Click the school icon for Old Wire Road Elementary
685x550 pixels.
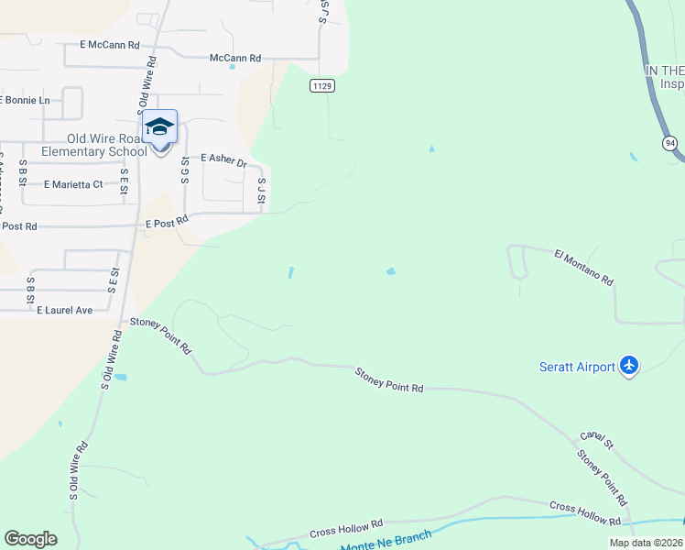tap(159, 127)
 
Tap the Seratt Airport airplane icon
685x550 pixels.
tap(628, 366)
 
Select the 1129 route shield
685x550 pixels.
tap(321, 86)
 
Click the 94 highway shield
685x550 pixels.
tap(670, 143)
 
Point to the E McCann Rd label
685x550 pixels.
tap(109, 44)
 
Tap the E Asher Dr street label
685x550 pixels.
tap(223, 160)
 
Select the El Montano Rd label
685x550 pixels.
tap(583, 268)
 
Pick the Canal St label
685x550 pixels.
tap(596, 441)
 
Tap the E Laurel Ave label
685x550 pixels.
tap(65, 311)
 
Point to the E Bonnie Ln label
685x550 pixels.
tap(24, 100)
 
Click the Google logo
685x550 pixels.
tap(30, 539)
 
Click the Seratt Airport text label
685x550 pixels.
tap(576, 368)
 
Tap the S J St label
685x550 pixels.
tap(261, 191)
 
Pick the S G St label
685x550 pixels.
tap(185, 170)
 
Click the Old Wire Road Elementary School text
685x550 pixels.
tap(93, 145)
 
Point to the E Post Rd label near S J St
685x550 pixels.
tap(167, 221)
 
